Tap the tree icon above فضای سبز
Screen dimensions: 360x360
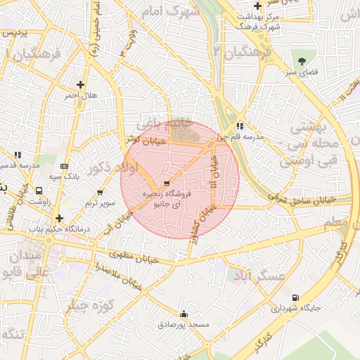coord(302,60)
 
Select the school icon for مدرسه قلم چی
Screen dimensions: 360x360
coord(240,127)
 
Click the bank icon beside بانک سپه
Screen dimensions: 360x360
coord(65,167)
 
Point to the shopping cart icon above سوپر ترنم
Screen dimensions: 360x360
coord(100,192)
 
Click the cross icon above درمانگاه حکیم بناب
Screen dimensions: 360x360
coord(60,218)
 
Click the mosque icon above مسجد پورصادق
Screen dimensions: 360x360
coord(184,314)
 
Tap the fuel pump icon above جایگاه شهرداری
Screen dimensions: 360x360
coord(295,297)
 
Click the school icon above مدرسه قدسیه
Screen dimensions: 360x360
coord(18,154)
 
